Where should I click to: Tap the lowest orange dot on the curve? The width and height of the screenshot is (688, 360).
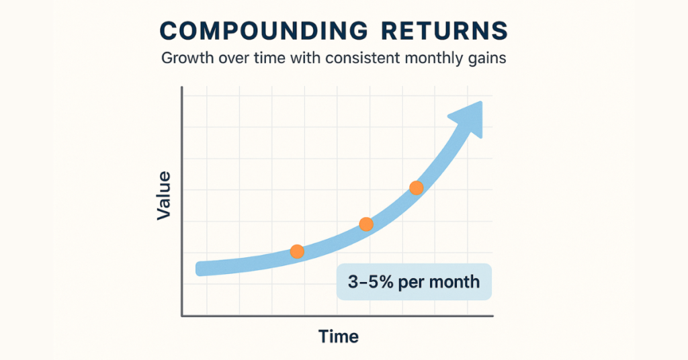click(297, 252)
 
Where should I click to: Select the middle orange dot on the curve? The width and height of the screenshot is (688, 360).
click(366, 224)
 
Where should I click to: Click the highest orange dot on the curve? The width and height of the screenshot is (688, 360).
click(417, 188)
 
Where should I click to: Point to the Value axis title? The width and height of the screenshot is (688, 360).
click(164, 195)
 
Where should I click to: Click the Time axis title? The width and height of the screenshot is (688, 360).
click(339, 336)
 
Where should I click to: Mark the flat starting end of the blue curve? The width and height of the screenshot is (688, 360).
click(200, 268)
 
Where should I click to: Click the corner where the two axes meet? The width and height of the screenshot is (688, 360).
click(182, 315)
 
